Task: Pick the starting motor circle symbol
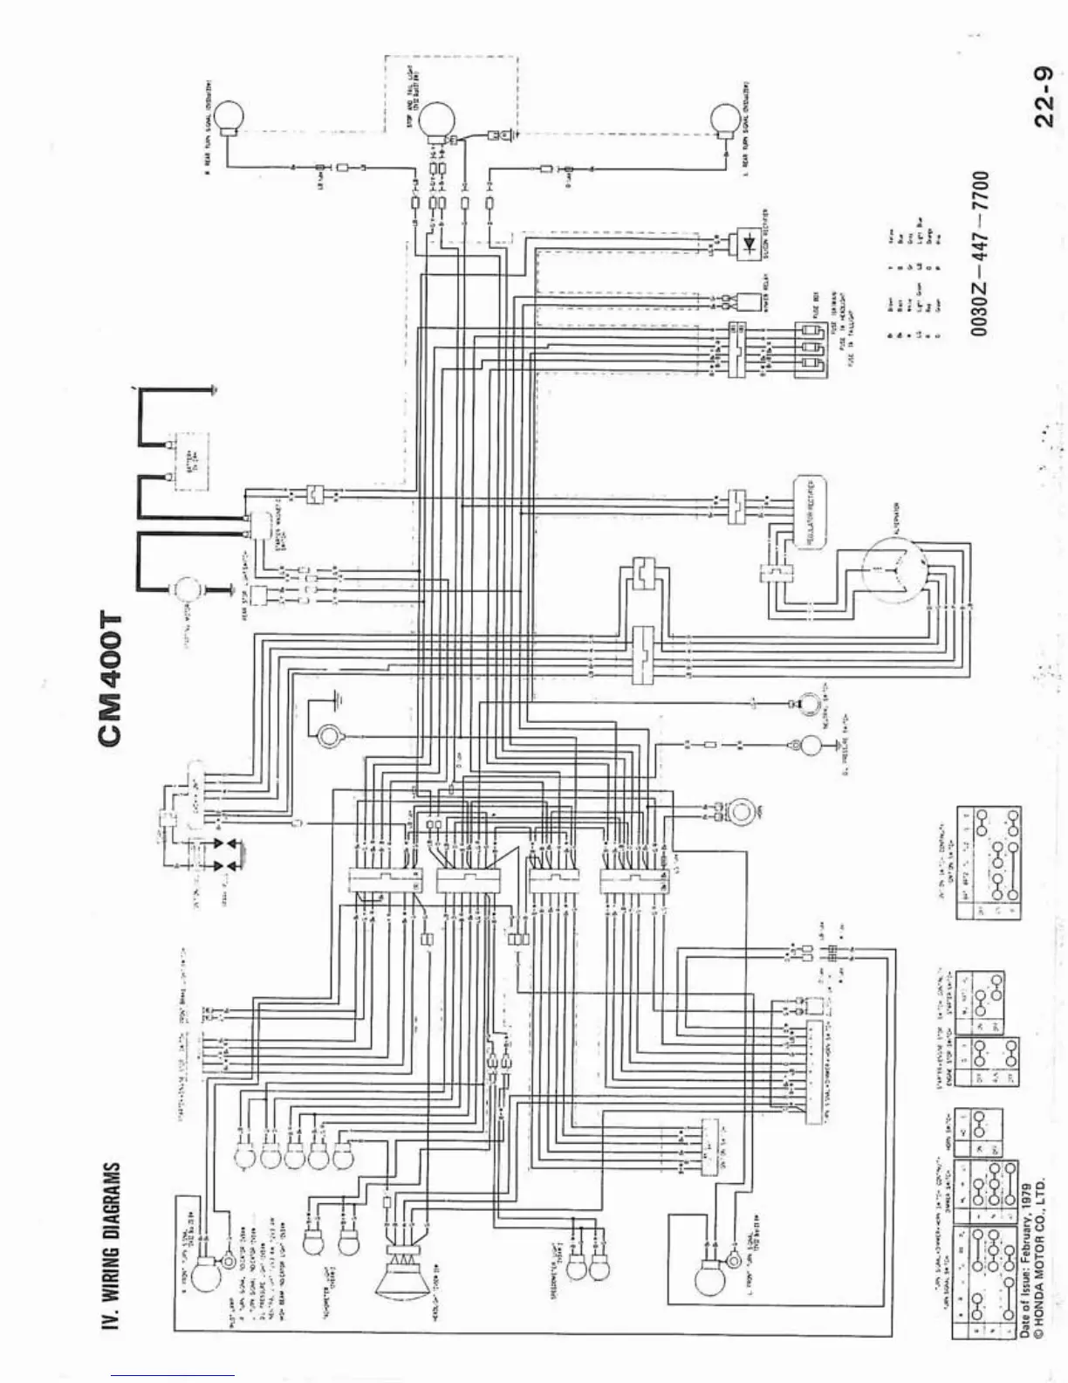[x=185, y=591]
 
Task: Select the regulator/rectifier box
[x=811, y=513]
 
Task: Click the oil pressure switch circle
[x=811, y=745]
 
